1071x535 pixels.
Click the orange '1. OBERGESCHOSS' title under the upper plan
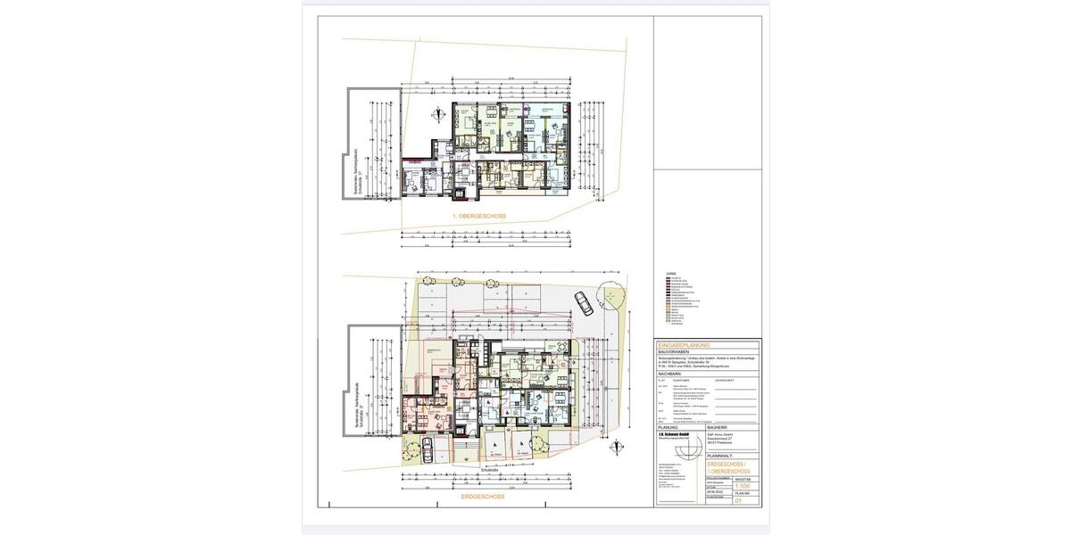pos(479,216)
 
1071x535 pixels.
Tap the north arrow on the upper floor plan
pos(438,113)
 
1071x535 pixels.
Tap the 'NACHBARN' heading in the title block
pos(671,374)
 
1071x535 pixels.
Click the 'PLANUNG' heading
pos(668,427)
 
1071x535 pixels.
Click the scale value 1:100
pos(742,486)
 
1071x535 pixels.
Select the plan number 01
pos(738,502)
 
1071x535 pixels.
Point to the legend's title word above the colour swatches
pos(671,274)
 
